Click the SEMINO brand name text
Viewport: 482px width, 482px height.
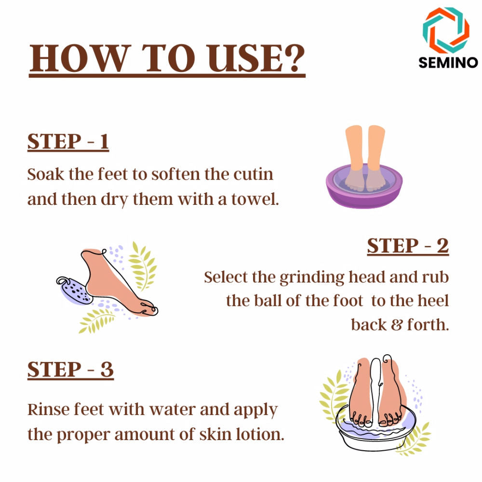[x=448, y=63]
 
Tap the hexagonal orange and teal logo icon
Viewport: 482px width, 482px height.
[x=446, y=30]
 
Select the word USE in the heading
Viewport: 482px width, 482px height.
[x=244, y=58]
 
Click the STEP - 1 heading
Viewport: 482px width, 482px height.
[x=68, y=142]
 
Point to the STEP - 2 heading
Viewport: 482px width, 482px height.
[x=408, y=246]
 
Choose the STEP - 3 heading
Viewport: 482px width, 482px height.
[x=70, y=370]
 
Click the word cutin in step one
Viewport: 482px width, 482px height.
[x=253, y=174]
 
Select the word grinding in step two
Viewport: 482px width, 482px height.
[x=312, y=278]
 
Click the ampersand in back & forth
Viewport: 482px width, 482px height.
[x=397, y=325]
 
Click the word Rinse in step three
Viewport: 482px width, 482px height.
[x=48, y=409]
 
